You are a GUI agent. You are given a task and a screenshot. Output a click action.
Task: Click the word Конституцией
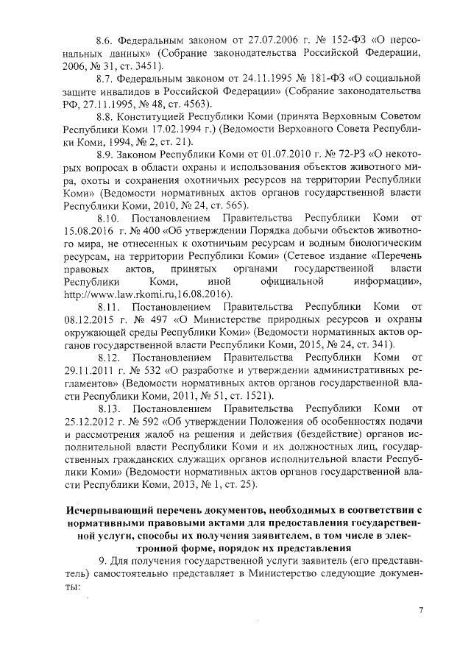pyautogui.click(x=156, y=116)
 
